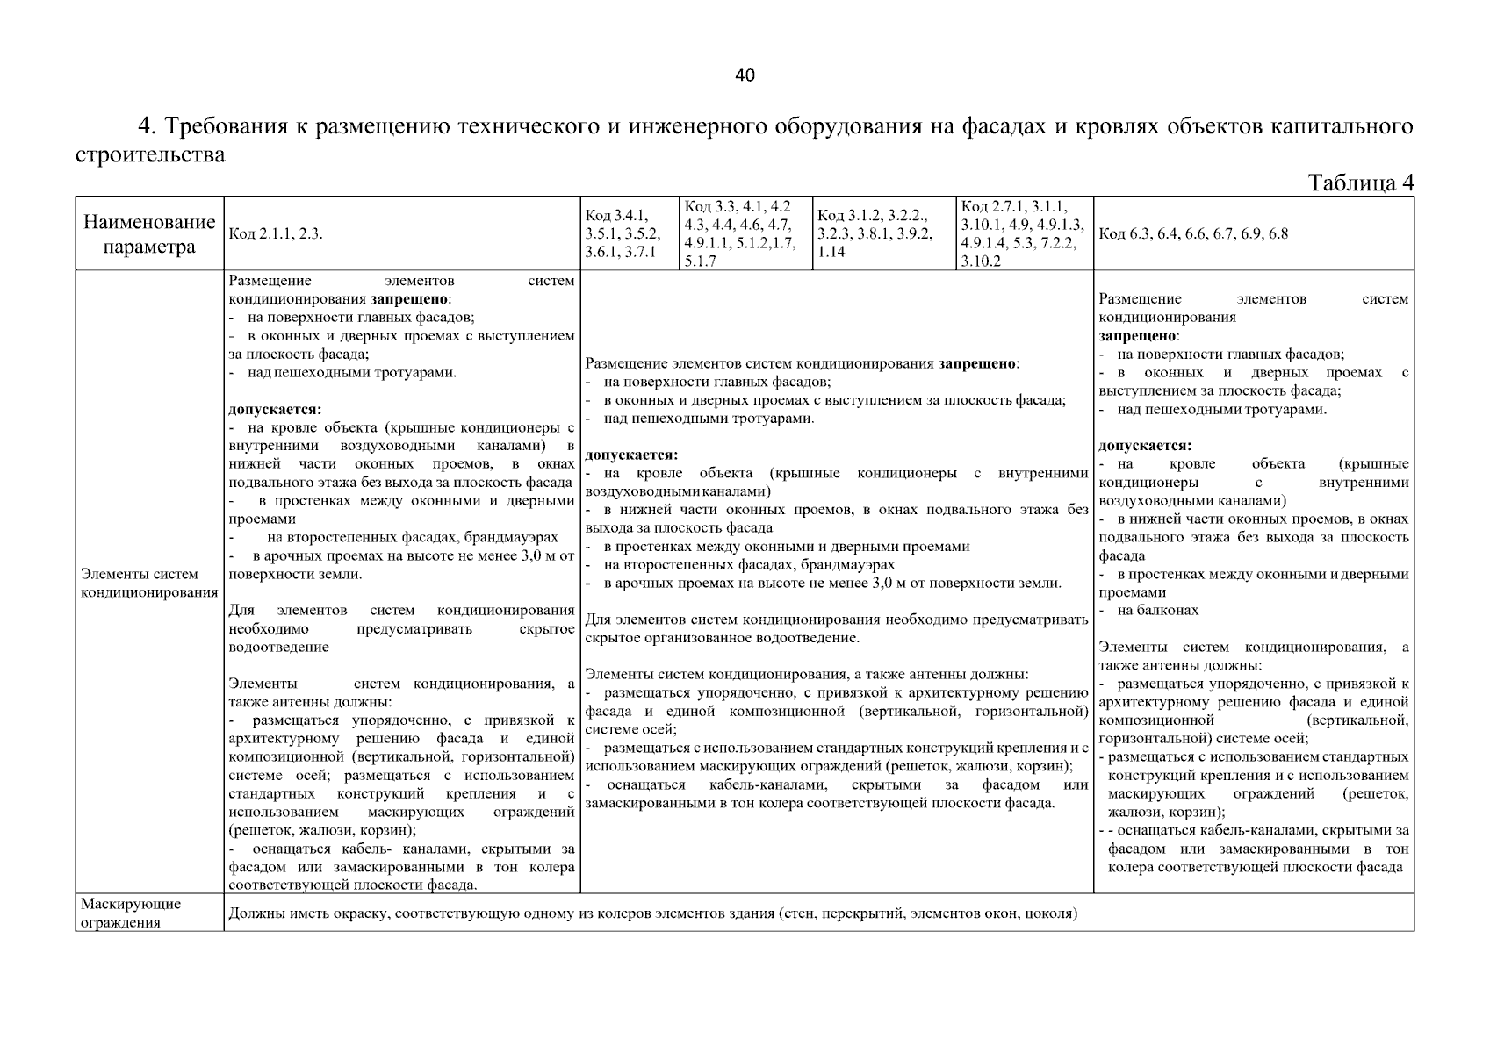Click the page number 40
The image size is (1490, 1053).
tap(745, 75)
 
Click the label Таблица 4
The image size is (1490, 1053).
tap(1360, 183)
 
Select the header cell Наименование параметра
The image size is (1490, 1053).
tap(149, 234)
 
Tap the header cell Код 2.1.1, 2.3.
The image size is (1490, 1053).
tap(276, 234)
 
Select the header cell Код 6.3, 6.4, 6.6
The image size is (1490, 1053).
tap(1193, 234)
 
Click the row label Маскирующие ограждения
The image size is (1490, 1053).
tap(131, 913)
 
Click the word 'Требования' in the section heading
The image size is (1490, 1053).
tap(234, 127)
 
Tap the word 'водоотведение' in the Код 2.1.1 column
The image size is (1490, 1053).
tap(278, 648)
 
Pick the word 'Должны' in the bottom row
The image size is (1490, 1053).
tap(254, 913)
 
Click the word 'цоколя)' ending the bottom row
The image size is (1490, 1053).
tap(1051, 913)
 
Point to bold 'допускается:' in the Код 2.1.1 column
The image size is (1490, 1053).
tap(275, 410)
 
